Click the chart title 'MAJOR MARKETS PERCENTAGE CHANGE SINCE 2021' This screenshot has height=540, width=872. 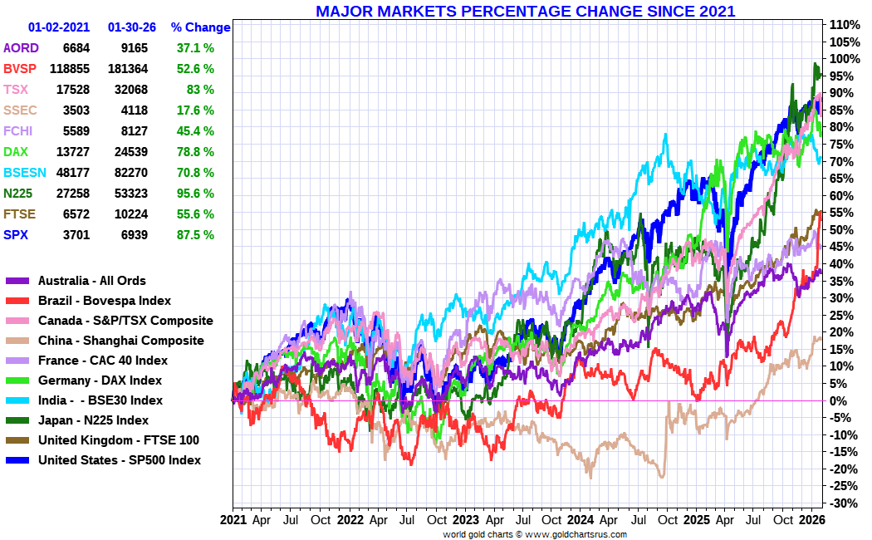pyautogui.click(x=525, y=12)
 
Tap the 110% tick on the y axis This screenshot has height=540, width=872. pyautogui.click(x=842, y=25)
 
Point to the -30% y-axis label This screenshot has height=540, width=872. pyautogui.click(x=842, y=503)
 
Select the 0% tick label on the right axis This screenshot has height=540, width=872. pyautogui.click(x=840, y=401)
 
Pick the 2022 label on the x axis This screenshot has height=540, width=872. pyautogui.click(x=350, y=521)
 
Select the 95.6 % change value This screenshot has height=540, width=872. pyautogui.click(x=195, y=194)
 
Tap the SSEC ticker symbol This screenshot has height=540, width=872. pyautogui.click(x=20, y=110)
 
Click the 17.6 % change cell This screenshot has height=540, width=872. pyautogui.click(x=195, y=110)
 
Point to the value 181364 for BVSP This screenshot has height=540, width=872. pyautogui.click(x=133, y=69)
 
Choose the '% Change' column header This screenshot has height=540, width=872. pyautogui.click(x=200, y=27)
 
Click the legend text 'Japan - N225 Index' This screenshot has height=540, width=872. pyautogui.click(x=93, y=420)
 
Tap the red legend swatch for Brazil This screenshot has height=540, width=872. pyautogui.click(x=17, y=301)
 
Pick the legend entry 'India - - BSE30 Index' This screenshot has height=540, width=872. pyautogui.click(x=100, y=400)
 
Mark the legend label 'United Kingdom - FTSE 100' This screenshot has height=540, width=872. pyautogui.click(x=118, y=440)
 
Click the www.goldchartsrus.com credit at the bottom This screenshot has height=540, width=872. pyautogui.click(x=576, y=534)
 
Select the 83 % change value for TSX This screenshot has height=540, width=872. pyautogui.click(x=200, y=90)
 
